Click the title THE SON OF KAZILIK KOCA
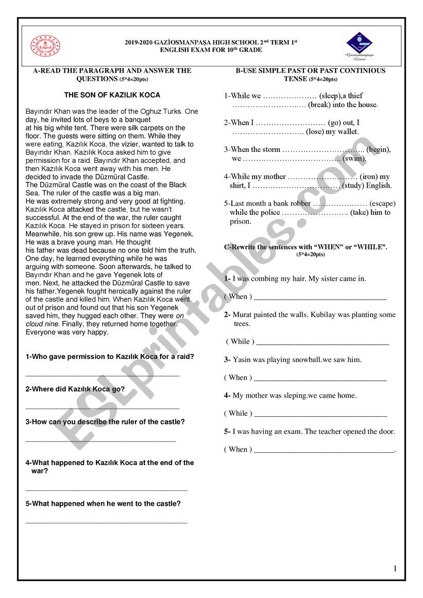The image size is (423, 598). (112, 95)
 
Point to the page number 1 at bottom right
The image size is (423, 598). (395, 569)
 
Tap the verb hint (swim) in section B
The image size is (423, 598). (354, 159)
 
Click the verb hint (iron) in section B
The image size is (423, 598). (368, 177)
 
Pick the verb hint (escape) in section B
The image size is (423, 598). (382, 203)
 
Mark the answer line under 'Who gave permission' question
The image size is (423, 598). (103, 375)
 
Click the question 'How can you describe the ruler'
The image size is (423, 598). (105, 422)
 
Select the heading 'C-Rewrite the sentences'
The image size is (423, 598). (306, 247)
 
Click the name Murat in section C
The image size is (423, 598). (243, 315)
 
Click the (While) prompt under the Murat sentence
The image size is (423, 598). (240, 341)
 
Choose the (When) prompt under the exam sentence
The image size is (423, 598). (238, 450)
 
